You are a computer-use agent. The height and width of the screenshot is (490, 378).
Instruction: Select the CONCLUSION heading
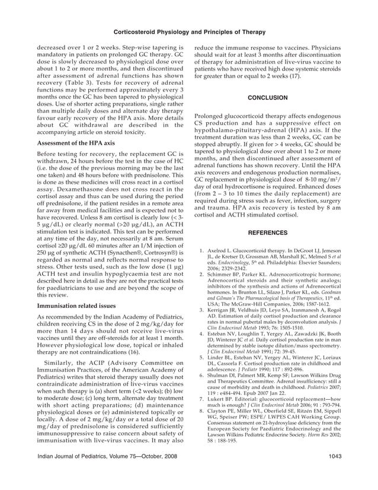pos(267,97)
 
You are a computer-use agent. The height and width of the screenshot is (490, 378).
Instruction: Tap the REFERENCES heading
pos(267,233)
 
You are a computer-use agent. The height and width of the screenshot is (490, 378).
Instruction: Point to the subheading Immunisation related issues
pos(76,306)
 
